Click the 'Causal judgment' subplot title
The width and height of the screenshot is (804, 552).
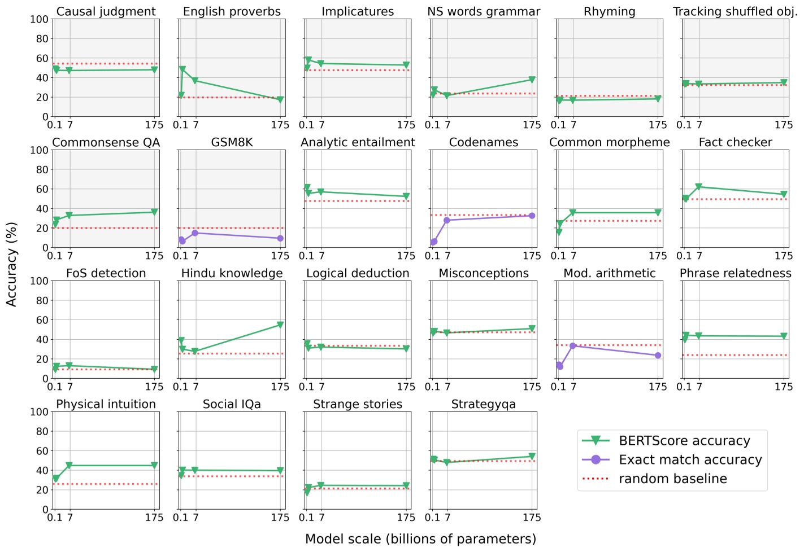[x=106, y=11]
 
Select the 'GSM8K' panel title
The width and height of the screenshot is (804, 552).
[x=232, y=142]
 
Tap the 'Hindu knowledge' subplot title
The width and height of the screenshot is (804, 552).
[x=232, y=273]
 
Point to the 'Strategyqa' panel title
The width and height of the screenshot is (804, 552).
[x=483, y=404]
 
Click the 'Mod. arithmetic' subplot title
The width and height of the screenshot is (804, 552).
[x=609, y=273]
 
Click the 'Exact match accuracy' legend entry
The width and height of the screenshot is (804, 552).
[x=690, y=460]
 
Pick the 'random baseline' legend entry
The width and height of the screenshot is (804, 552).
[x=672, y=479]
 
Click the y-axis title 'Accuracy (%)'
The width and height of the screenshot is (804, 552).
[x=11, y=264]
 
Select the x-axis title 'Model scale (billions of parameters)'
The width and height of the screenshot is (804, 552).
[x=420, y=539]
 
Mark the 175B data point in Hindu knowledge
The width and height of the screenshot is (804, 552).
[x=280, y=325]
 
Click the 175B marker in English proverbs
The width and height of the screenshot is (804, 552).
[x=280, y=100]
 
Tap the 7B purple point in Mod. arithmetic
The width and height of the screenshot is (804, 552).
[x=573, y=346]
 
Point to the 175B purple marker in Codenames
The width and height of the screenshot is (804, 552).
[x=532, y=216]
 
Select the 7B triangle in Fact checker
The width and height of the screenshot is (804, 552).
[x=699, y=187]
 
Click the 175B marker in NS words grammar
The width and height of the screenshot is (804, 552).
[x=532, y=80]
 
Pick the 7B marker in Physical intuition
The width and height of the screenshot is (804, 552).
[x=69, y=466]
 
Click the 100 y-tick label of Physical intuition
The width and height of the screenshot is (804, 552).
[x=39, y=412]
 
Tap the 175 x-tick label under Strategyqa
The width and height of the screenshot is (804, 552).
[x=532, y=518]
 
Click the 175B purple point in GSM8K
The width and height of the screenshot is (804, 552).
[x=280, y=238]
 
